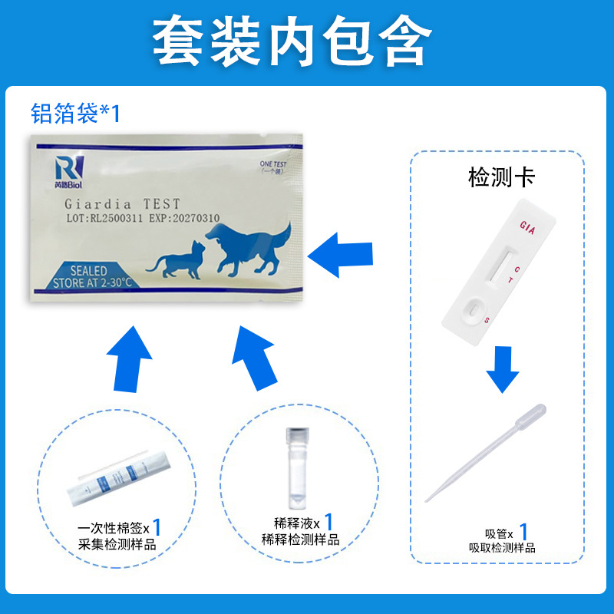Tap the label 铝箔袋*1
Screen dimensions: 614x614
[75, 114]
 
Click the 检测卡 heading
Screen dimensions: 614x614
[501, 178]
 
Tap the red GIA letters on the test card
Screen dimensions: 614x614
[527, 226]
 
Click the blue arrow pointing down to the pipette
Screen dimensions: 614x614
[503, 368]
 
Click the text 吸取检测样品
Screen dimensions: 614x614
[502, 547]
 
